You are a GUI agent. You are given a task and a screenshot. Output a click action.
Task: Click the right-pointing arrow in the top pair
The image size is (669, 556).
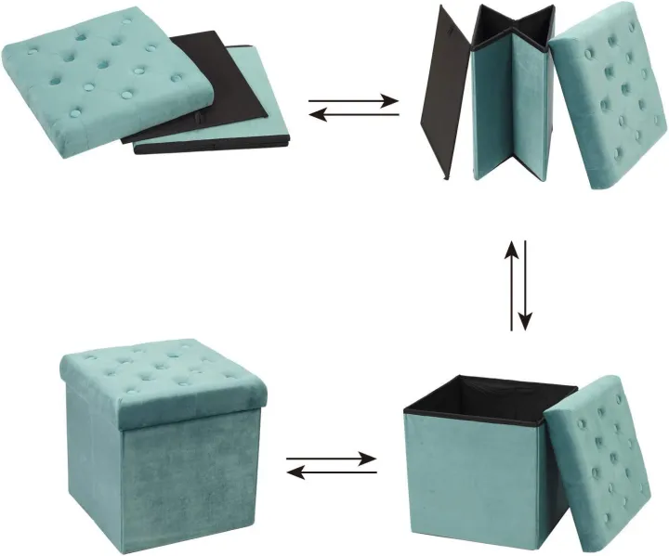(353, 100)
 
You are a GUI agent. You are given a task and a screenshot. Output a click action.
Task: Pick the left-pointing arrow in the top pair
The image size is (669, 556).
(353, 115)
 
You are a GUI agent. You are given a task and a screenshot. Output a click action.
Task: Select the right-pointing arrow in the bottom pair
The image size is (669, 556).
(331, 459)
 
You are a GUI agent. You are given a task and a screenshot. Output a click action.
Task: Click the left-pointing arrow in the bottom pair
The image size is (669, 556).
(331, 472)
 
